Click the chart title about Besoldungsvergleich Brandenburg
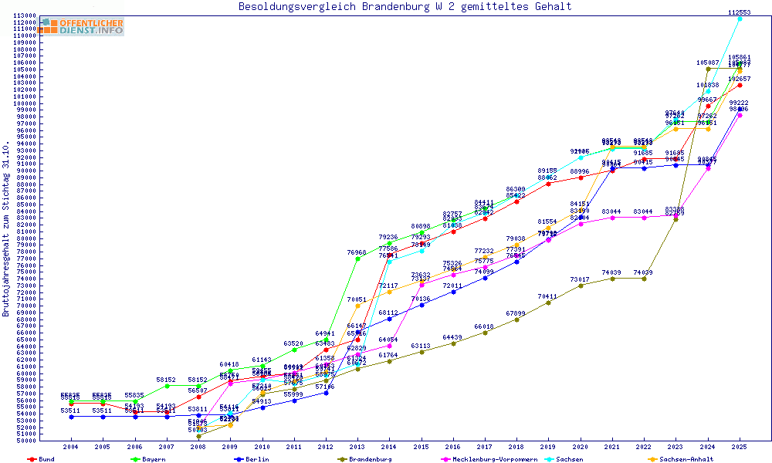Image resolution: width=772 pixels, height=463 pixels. pos(405,7)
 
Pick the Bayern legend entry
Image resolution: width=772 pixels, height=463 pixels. pos(151,459)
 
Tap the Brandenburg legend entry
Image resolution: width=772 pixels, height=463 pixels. pos(371,459)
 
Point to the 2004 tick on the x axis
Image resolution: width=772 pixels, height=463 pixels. pos(71,447)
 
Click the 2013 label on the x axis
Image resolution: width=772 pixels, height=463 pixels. pos(357,447)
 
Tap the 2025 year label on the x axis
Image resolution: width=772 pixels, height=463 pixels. pos(740,447)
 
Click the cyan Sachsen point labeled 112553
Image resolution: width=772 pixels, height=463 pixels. pos(740,19)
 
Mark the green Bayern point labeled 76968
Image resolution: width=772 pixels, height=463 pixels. pos(357,259)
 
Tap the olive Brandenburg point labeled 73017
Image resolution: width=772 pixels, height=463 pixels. pos(581,285)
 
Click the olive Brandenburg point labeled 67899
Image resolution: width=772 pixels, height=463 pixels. pos(516,319)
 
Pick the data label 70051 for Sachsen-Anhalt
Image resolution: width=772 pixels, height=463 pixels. pos(357,299)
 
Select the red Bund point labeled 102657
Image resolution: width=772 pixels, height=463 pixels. pos(740,85)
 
